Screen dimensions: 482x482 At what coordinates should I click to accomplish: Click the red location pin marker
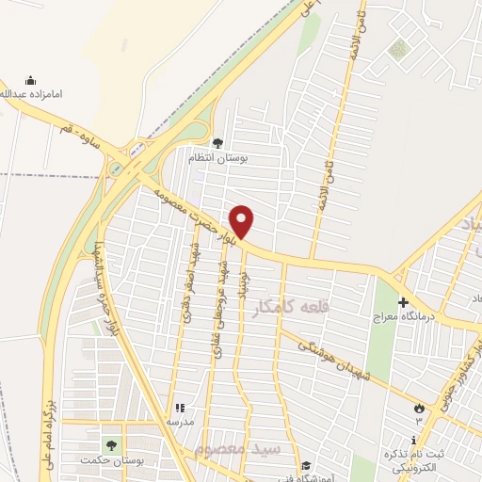(243, 221)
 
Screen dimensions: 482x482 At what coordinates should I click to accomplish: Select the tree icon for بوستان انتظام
(217, 143)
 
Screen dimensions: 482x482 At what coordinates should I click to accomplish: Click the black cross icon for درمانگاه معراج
(404, 303)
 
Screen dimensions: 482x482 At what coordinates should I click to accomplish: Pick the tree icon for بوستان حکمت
(111, 444)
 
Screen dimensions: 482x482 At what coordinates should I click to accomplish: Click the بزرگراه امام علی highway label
(41, 424)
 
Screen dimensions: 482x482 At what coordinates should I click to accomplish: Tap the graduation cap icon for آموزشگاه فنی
(305, 464)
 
